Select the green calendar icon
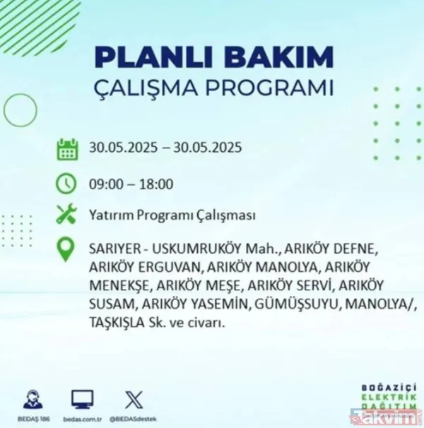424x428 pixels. tap(67, 149)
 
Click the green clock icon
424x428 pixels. tap(66, 184)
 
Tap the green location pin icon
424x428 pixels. tap(66, 249)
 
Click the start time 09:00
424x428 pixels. tap(105, 185)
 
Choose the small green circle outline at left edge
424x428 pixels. tap(20, 109)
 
